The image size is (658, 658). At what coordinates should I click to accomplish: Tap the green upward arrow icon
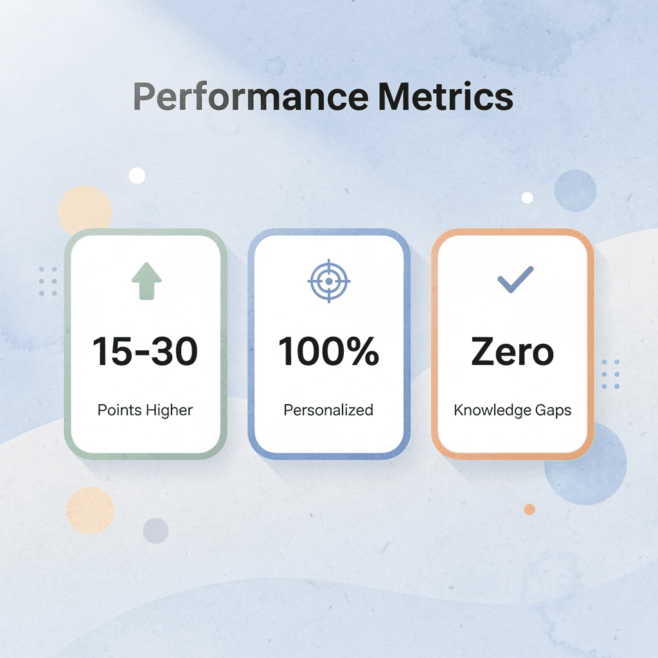[x=147, y=281]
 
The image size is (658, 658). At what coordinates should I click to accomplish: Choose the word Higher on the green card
[x=169, y=410]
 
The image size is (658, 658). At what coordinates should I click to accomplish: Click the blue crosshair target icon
[x=328, y=281]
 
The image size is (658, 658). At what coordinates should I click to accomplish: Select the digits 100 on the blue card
[x=309, y=351]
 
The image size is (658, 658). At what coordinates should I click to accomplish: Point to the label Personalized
[x=328, y=410]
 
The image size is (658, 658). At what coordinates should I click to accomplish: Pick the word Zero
[x=512, y=351]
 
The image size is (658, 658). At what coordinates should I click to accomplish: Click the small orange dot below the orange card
[x=529, y=509]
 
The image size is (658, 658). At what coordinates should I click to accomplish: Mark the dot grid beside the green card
[x=48, y=281]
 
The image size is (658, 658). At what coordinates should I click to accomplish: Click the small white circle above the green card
[x=137, y=175]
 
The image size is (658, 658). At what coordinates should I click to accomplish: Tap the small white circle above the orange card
[x=528, y=197]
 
